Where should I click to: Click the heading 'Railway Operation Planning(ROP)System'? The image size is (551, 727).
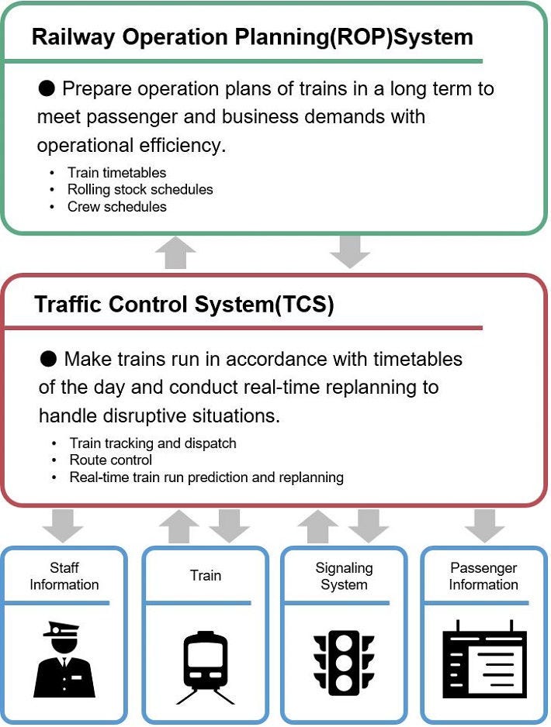point(252,37)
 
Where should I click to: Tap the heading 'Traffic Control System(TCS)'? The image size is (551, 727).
point(184,305)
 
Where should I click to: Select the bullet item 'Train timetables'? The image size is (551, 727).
point(116,173)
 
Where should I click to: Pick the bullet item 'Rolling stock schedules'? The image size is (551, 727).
point(140,189)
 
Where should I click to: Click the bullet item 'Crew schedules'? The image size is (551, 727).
point(117,206)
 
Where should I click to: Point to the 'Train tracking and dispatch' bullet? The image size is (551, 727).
point(153,443)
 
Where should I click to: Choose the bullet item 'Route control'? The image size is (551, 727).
point(110,460)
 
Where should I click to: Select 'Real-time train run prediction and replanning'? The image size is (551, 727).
point(206,477)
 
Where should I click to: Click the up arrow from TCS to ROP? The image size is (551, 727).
point(175,252)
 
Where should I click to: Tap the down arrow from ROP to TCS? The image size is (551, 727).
point(350,252)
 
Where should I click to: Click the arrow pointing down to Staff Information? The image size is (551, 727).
point(63,525)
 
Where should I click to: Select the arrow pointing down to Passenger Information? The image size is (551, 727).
point(484,525)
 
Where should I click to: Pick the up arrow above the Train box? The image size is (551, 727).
point(179,527)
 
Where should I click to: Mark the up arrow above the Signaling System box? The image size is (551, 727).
point(318,527)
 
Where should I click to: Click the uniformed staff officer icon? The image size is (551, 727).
point(64,660)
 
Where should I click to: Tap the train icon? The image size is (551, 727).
point(205,667)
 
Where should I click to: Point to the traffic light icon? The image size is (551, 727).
point(344,663)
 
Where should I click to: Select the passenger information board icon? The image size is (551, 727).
point(484,659)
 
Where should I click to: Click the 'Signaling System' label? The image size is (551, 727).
point(344,576)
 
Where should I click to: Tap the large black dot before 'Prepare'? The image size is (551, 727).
point(47,88)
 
